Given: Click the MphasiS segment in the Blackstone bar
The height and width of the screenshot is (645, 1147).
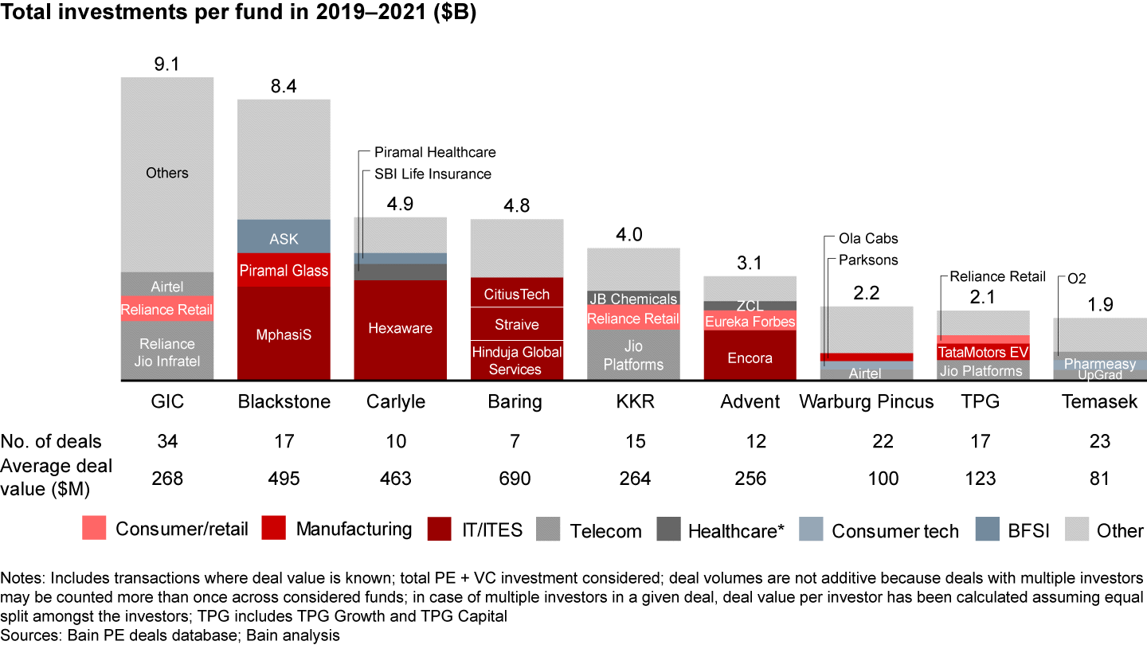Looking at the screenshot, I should [x=284, y=334].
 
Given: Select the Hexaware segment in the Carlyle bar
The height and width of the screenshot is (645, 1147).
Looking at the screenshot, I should [x=401, y=328].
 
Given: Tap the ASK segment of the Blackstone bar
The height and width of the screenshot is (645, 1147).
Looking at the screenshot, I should [x=284, y=238].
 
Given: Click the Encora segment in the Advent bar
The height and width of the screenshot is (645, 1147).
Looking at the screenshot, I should [x=750, y=358].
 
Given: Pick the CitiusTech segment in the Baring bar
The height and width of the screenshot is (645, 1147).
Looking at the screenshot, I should [x=517, y=293].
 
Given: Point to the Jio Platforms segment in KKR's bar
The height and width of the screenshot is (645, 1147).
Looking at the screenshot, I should [x=633, y=356].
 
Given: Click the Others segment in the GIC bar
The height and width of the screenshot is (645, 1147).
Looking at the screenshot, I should [x=167, y=173].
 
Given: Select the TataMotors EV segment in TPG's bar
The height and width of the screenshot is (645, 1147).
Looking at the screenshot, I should [x=983, y=352].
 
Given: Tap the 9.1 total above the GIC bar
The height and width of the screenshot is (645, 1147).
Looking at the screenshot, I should [x=167, y=64].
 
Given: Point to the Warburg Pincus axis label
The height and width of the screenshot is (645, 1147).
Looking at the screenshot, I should [x=867, y=401].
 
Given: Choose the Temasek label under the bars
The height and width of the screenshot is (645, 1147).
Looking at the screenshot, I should [x=1099, y=401].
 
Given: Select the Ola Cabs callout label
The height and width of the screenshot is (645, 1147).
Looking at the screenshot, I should [x=867, y=238].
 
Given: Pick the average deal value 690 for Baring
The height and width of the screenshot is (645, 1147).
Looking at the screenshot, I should [x=515, y=478].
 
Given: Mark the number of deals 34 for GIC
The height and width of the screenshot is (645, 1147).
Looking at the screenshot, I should [x=167, y=441].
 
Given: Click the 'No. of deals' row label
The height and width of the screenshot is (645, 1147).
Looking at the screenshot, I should [x=52, y=441].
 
